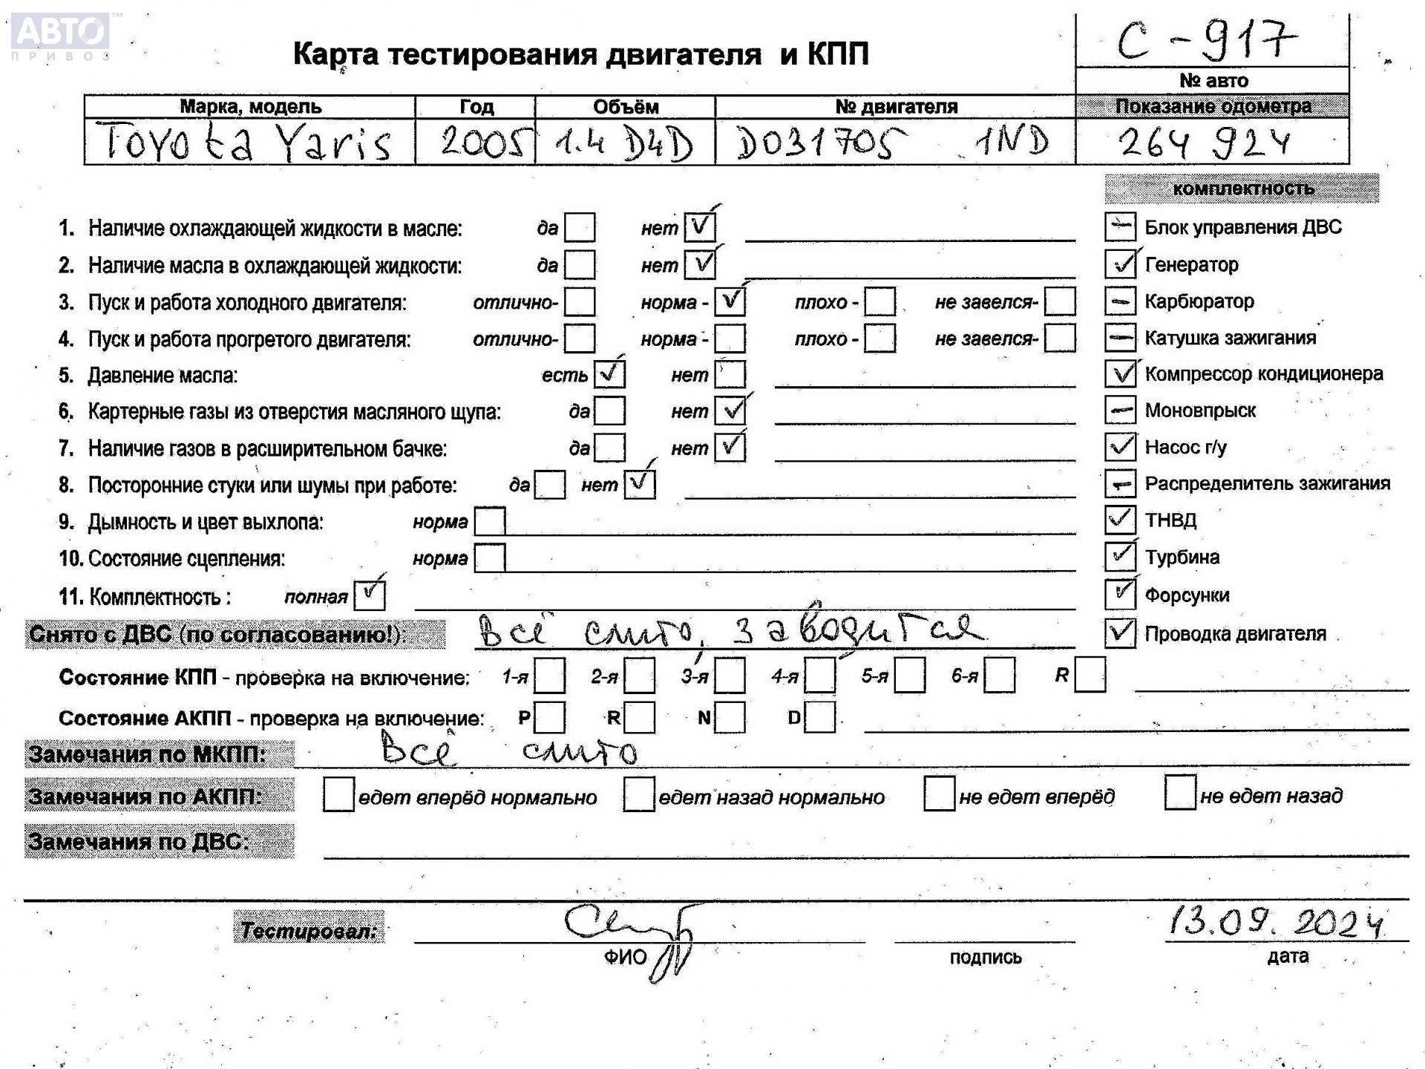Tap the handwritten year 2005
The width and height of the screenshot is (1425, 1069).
[485, 142]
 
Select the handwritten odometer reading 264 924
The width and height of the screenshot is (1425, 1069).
[1204, 143]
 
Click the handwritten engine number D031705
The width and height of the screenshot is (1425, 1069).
[820, 142]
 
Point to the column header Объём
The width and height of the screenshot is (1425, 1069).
[625, 107]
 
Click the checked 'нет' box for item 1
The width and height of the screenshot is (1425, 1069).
[699, 227]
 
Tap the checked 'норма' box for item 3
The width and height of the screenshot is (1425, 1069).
[730, 301]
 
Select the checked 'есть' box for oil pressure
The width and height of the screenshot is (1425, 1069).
[609, 374]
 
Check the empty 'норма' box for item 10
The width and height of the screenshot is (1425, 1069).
[489, 558]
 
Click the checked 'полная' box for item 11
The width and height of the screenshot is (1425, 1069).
[369, 595]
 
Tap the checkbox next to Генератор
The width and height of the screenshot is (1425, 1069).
[1120, 264]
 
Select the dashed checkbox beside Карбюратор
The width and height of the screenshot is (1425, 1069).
[1120, 301]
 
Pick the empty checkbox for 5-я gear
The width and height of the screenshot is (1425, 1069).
[909, 676]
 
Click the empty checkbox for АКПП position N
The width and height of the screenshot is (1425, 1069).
[730, 717]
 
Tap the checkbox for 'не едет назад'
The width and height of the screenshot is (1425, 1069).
[1179, 793]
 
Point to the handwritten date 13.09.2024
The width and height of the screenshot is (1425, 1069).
[1276, 922]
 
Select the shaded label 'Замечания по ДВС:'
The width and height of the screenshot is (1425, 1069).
[160, 841]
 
